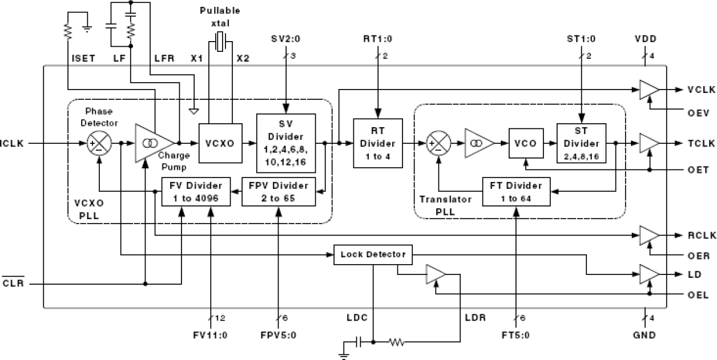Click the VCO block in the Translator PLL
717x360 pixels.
525,144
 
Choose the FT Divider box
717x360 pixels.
516,192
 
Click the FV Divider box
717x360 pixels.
196,192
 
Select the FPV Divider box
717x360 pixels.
278,192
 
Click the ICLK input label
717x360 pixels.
12,144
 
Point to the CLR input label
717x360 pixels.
13,284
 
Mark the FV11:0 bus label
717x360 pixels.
210,335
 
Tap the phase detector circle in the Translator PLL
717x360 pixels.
438,144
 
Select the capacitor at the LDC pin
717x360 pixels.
358,342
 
